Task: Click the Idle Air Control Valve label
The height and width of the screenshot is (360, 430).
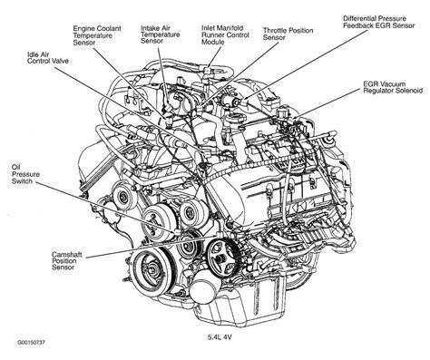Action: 48,58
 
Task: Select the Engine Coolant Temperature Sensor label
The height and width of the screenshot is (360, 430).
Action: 97,35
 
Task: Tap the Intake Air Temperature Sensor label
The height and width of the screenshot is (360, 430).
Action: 161,34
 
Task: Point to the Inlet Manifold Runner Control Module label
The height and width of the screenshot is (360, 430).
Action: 225,34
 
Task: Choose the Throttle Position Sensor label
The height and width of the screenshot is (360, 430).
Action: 288,34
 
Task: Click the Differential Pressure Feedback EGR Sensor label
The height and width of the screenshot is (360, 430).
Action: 378,22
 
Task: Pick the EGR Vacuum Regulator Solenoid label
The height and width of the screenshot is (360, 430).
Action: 393,87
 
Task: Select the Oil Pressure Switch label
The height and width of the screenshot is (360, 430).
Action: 25,174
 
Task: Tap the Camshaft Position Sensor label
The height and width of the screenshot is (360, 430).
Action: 66,261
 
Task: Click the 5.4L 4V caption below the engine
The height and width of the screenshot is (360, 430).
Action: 220,337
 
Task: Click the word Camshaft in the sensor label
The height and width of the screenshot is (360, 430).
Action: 66,255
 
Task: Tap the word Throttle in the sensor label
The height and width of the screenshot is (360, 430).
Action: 274,31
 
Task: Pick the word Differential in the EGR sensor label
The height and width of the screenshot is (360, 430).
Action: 358,18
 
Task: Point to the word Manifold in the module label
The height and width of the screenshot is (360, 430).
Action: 230,28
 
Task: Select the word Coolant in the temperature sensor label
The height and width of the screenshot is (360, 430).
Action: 108,28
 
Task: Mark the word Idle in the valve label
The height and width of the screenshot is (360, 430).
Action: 33,54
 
